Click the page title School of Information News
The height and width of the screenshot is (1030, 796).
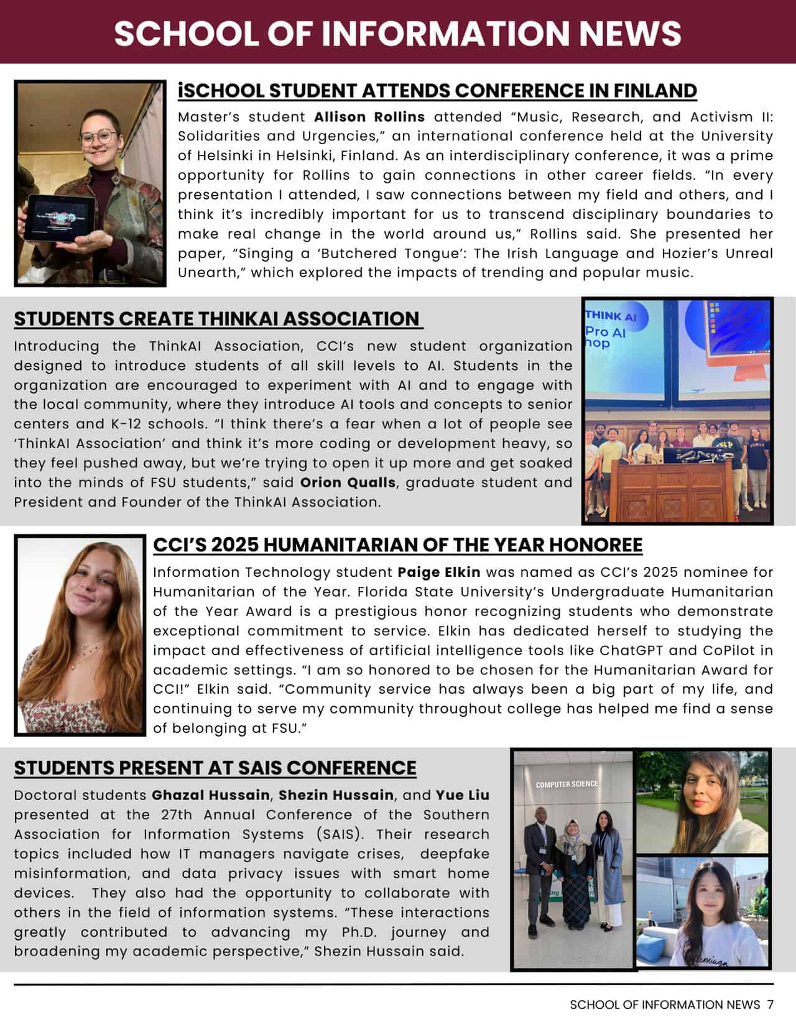click(x=397, y=32)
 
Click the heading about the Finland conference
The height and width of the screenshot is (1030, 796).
click(x=437, y=91)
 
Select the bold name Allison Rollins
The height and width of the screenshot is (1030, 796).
click(x=369, y=117)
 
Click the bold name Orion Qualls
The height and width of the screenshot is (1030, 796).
click(x=348, y=482)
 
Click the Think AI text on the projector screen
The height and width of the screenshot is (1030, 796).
click(x=611, y=316)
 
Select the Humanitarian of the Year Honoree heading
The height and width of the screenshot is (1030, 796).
click(x=397, y=545)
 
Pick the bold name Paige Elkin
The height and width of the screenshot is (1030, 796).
click(x=438, y=572)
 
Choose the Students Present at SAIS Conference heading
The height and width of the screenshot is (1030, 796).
click(x=215, y=768)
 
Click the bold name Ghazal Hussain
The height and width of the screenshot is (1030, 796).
click(x=210, y=795)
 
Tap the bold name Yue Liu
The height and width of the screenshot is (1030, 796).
click(x=462, y=795)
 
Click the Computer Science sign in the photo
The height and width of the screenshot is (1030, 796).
click(x=567, y=784)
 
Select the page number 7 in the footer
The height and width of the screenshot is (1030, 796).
click(x=770, y=1005)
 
